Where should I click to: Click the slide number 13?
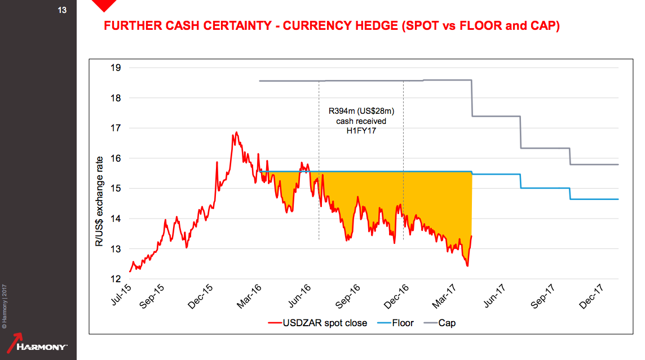[62, 10]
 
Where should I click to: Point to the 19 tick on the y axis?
[116, 68]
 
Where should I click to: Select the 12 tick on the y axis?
[116, 279]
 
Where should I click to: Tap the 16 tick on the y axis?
[116, 158]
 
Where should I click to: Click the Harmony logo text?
[42, 346]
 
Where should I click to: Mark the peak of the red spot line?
[236, 132]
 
